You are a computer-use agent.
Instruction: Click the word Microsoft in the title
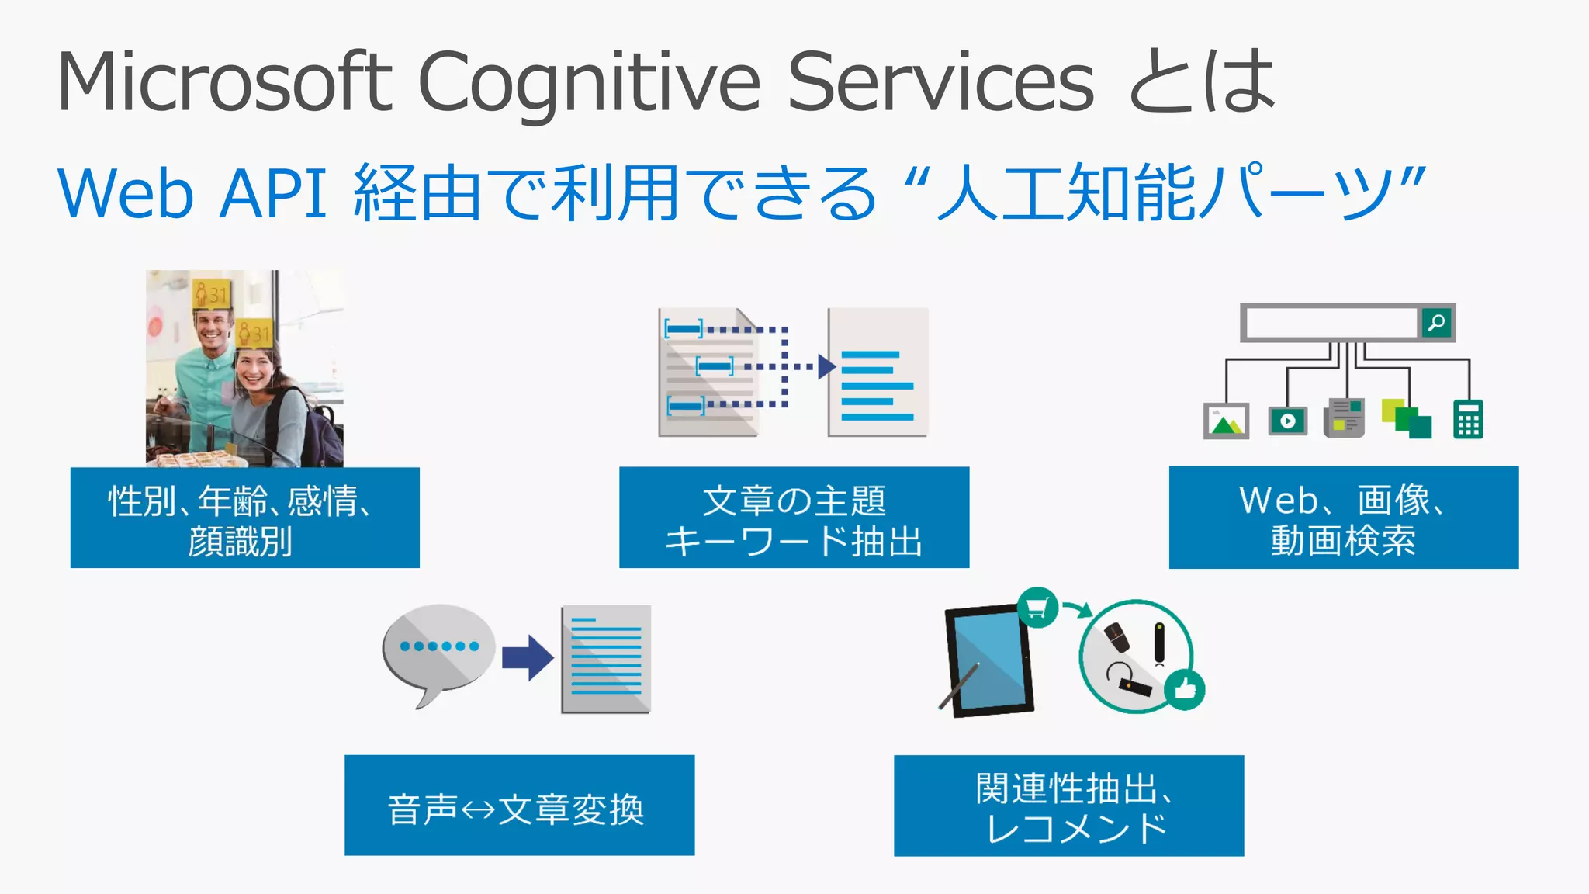click(225, 82)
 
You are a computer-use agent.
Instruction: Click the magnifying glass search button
click(1436, 322)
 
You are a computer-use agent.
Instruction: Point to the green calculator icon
click(1468, 420)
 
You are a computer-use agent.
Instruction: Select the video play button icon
click(1288, 421)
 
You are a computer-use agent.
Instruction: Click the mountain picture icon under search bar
click(1226, 421)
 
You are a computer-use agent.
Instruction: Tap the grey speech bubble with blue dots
click(438, 649)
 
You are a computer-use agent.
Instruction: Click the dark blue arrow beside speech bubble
click(528, 657)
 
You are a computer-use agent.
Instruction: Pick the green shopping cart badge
click(1037, 607)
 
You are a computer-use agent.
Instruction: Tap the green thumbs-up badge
click(1185, 688)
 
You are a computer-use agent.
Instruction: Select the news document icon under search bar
click(1345, 418)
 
